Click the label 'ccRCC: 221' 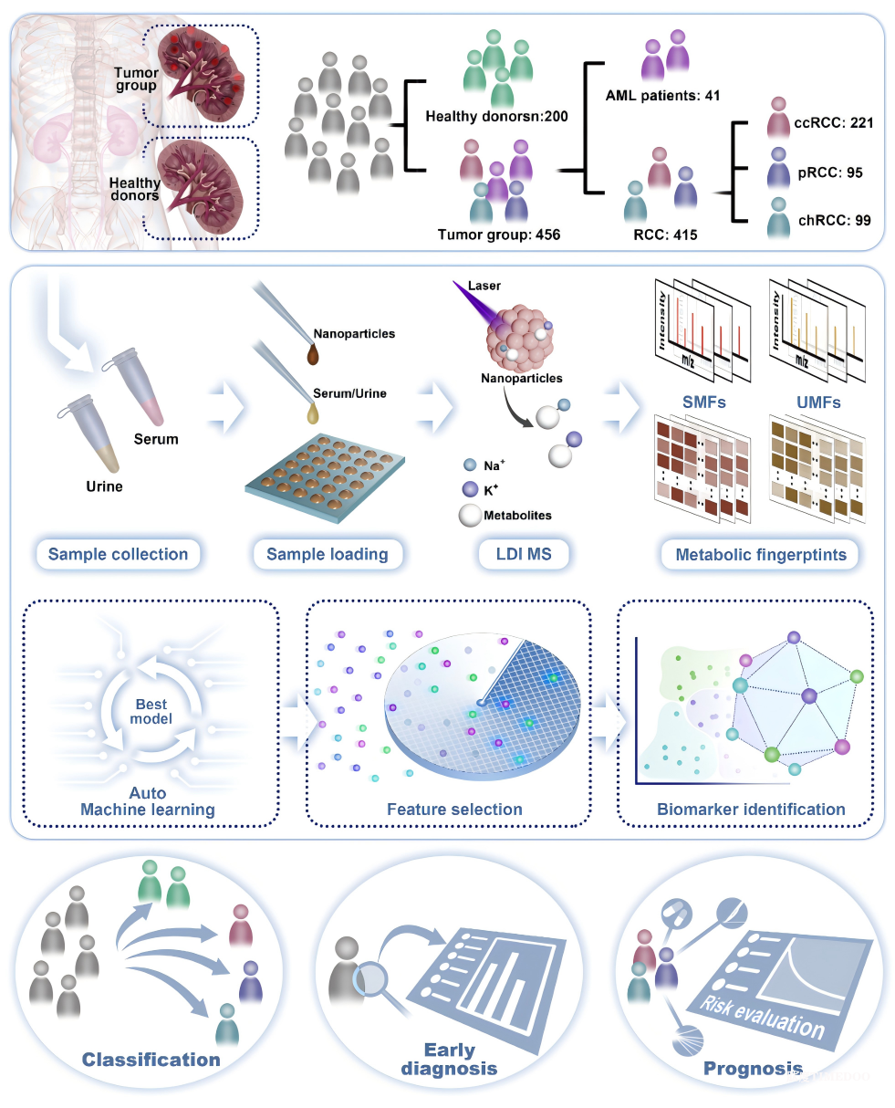[x=833, y=122]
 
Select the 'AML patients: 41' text [x=662, y=95]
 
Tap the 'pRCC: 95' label [x=828, y=172]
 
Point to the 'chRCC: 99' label [x=832, y=220]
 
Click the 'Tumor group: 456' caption [x=499, y=235]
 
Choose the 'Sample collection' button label [x=118, y=554]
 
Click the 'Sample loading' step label [x=327, y=554]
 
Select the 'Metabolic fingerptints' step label [x=761, y=554]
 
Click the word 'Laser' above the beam [x=484, y=286]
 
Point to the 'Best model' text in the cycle [x=151, y=711]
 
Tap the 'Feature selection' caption [x=454, y=809]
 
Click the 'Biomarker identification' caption [x=751, y=809]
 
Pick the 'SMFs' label [x=704, y=402]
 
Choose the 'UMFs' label [x=818, y=402]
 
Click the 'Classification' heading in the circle [x=151, y=1060]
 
